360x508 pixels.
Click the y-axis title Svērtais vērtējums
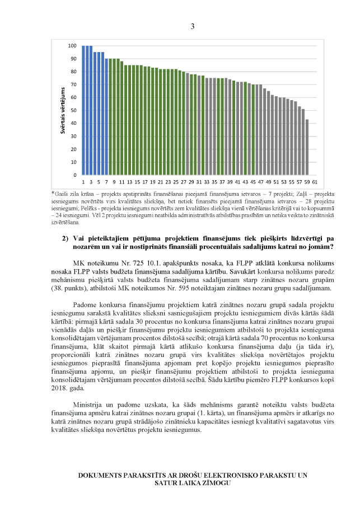click(x=63, y=110)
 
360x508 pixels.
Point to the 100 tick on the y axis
click(x=73, y=46)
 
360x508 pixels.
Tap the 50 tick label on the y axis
click(x=74, y=110)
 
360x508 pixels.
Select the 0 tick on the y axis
click(x=75, y=175)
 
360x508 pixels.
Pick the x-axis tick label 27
click(x=183, y=182)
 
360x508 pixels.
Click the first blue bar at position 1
click(x=83, y=110)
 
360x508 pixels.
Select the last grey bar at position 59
click(x=307, y=147)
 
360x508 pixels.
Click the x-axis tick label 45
click(x=253, y=182)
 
